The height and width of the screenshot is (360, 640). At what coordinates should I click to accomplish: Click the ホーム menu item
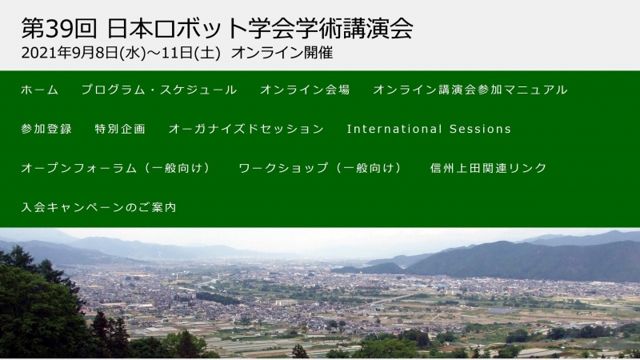pyautogui.click(x=39, y=90)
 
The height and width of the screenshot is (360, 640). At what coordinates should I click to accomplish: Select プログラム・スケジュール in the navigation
pyautogui.click(x=159, y=90)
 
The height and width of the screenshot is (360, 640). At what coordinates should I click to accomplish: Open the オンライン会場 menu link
pyautogui.click(x=305, y=90)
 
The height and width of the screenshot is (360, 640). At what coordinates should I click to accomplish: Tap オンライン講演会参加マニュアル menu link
pyautogui.click(x=470, y=90)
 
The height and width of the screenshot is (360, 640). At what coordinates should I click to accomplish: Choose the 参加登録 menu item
pyautogui.click(x=46, y=129)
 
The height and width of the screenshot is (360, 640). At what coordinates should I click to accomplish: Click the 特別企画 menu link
pyautogui.click(x=120, y=129)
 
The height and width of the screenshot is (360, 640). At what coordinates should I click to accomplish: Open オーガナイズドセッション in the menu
pyautogui.click(x=246, y=129)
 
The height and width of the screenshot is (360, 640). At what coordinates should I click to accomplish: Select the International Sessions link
pyautogui.click(x=429, y=129)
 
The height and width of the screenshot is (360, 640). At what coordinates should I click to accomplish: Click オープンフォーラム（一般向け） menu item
pyautogui.click(x=116, y=168)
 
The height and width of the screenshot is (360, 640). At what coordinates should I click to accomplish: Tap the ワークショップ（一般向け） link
pyautogui.click(x=321, y=168)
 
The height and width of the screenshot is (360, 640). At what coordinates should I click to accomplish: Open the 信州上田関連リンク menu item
pyautogui.click(x=488, y=168)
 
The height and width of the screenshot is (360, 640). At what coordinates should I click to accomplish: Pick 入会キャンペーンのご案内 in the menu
pyautogui.click(x=98, y=207)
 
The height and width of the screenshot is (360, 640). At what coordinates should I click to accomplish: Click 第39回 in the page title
pyautogui.click(x=59, y=29)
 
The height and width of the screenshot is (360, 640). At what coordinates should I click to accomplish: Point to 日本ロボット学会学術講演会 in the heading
pyautogui.click(x=261, y=29)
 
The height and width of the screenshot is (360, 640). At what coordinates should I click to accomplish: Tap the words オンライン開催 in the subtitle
pyautogui.click(x=282, y=53)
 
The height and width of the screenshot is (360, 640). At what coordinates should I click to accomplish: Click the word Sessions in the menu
pyautogui.click(x=481, y=129)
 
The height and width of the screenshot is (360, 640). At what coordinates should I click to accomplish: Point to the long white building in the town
pyautogui.click(x=286, y=303)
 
